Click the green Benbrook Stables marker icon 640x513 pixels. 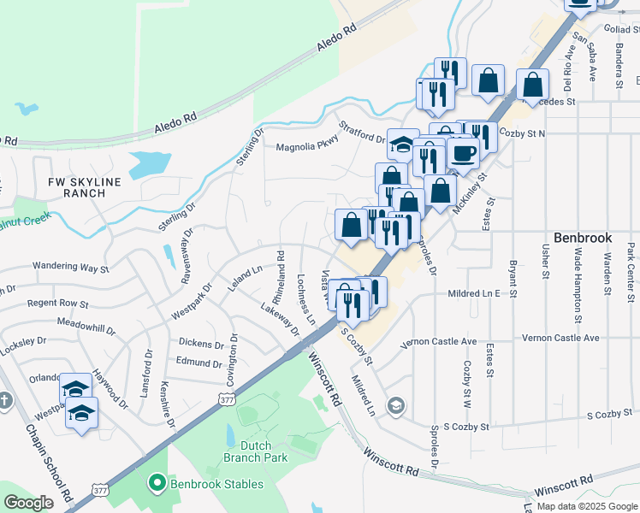[156, 484]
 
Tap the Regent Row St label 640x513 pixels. [57, 304]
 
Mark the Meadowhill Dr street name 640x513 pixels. [86, 326]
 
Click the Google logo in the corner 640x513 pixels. [28, 503]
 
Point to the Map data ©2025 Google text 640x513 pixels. [586, 506]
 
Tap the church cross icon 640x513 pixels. [5, 400]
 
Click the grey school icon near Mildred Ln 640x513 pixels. [395, 404]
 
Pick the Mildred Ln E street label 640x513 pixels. [473, 293]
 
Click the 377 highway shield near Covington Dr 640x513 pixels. [226, 398]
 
